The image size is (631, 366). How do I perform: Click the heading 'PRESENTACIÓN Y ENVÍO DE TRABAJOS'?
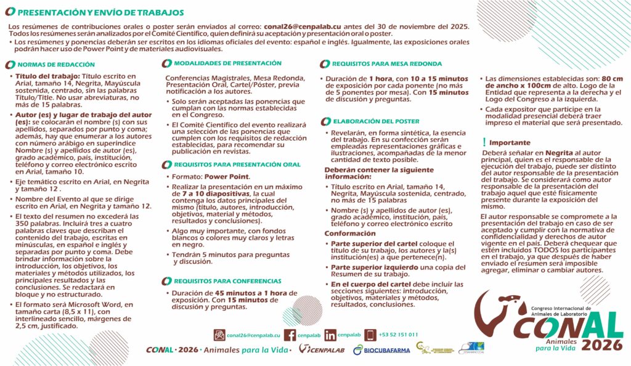tap(99, 12)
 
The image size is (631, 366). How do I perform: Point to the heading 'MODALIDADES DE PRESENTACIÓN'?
tap(227, 63)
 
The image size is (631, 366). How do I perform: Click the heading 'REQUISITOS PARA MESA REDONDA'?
tap(386, 63)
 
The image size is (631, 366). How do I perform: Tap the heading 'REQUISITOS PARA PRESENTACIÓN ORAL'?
tap(237, 165)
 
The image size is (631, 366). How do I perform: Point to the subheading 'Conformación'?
tap(349, 234)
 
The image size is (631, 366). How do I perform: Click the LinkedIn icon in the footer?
tap(330, 335)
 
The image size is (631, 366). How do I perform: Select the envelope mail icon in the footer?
tap(219, 335)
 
